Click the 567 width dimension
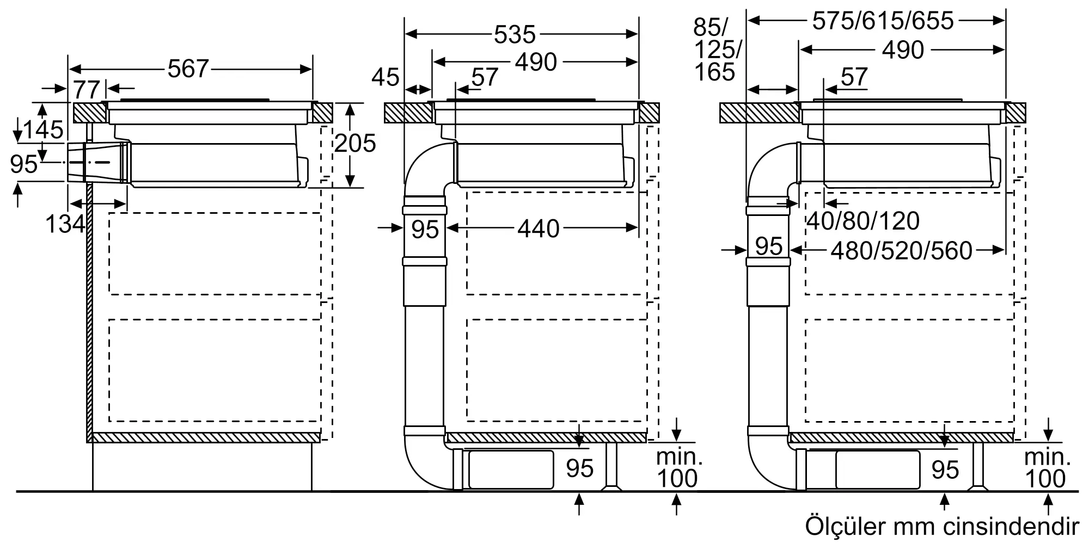188,69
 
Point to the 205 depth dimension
355,143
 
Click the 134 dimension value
65,224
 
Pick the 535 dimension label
515,35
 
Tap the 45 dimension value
386,78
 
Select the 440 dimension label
538,229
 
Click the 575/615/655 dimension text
883,21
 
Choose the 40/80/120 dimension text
862,221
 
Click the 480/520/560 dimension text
901,251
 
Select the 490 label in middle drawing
536,63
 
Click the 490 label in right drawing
903,50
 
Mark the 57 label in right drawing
854,77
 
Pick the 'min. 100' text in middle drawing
677,468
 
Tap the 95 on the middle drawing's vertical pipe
425,229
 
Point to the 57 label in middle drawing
485,77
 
